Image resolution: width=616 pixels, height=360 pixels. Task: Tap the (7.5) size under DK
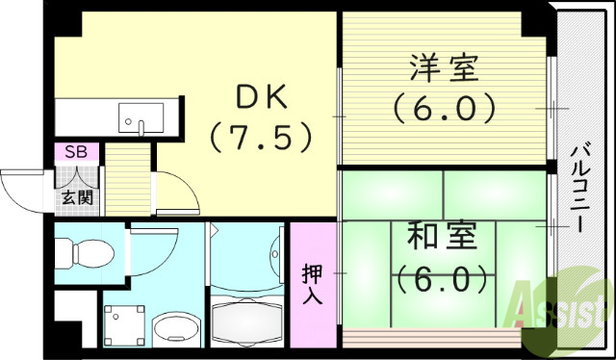point(260,137)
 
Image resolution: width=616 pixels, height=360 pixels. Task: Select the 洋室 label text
point(444,68)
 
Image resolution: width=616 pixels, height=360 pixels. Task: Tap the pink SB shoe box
point(74,152)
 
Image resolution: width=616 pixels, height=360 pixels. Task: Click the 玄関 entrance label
point(77,198)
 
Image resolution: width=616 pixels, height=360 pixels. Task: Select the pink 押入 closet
point(313,283)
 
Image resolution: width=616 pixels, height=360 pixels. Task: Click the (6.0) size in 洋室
point(444,106)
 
